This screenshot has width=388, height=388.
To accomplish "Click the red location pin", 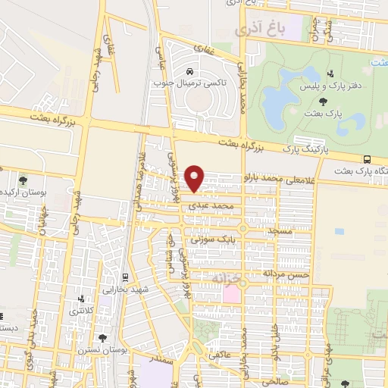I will [196, 178].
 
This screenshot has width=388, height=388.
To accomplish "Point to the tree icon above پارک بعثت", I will [324, 101].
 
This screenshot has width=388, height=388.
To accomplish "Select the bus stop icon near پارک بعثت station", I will [368, 159].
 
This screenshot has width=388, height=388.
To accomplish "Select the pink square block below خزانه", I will [230, 293].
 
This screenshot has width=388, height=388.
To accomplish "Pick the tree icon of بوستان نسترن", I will [102, 339].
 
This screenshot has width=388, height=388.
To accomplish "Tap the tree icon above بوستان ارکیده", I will [23, 180].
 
